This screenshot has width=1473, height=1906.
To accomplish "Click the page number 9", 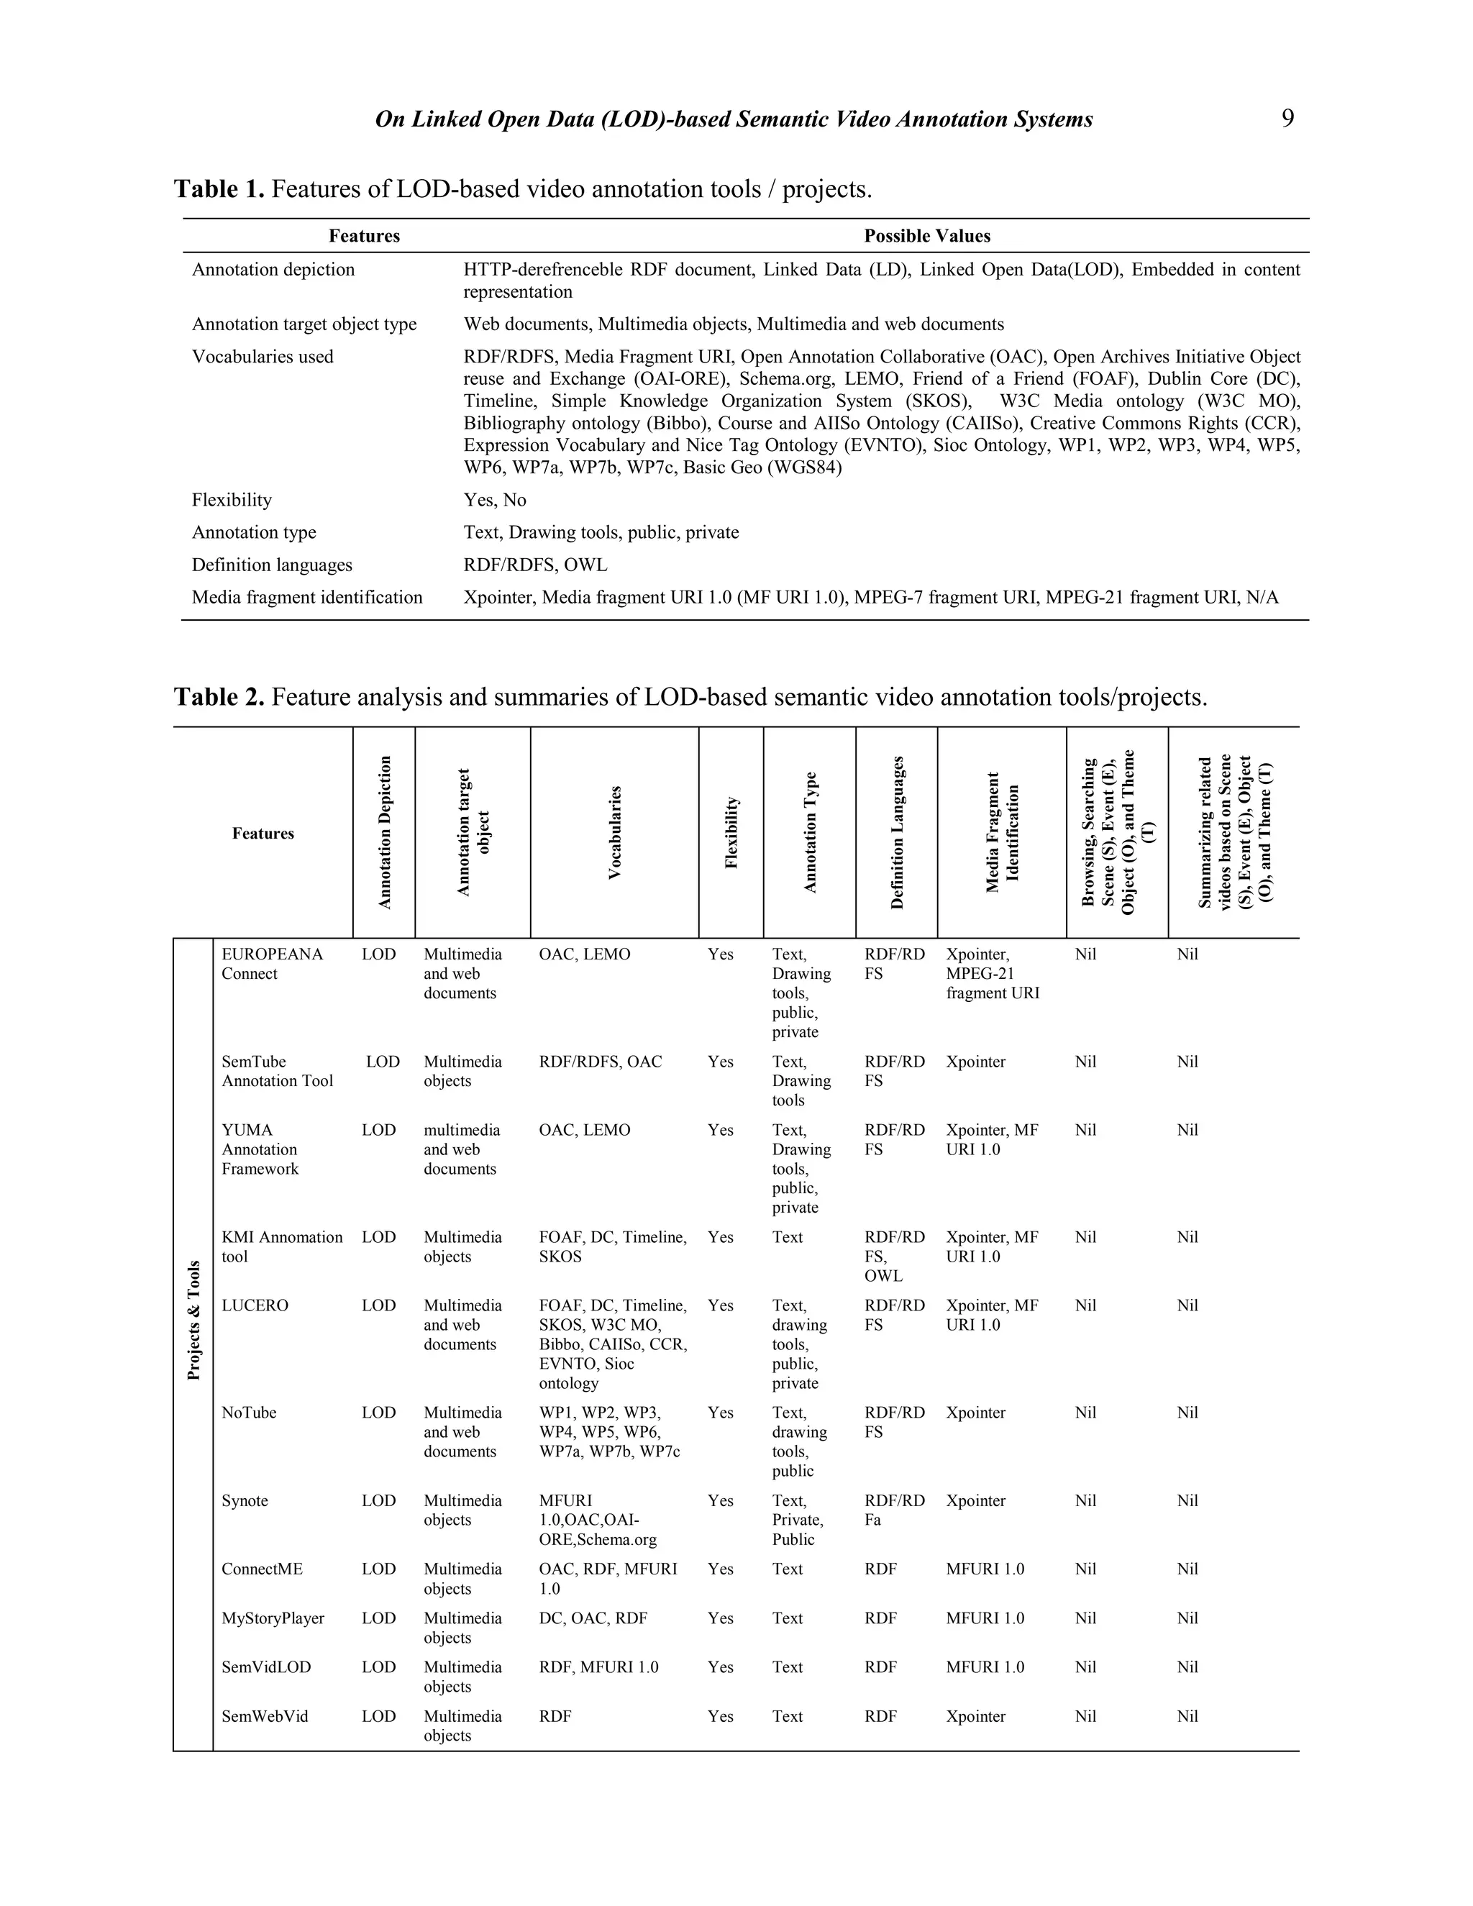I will [1287, 119].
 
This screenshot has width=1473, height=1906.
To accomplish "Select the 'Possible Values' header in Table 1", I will [926, 236].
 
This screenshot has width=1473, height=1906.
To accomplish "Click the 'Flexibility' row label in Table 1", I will [232, 500].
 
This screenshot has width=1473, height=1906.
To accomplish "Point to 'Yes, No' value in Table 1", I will [495, 500].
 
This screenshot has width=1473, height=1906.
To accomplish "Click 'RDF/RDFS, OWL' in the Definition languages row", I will [535, 565].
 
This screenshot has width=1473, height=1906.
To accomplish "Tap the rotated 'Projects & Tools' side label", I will [193, 1321].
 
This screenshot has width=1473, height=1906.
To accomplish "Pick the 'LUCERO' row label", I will [255, 1305].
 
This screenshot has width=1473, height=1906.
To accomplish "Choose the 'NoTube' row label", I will [249, 1413].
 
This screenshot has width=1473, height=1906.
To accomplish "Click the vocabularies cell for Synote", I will [598, 1520].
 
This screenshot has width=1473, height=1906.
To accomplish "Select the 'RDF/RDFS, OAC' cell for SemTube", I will [601, 1062].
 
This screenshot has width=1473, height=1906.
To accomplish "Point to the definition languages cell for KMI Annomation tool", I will [893, 1256].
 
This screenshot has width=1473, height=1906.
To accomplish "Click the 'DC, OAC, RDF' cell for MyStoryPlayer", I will [593, 1618].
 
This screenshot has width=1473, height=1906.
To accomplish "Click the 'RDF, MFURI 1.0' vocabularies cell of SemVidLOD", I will [598, 1667].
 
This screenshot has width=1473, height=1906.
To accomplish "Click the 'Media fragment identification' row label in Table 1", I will [307, 597].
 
